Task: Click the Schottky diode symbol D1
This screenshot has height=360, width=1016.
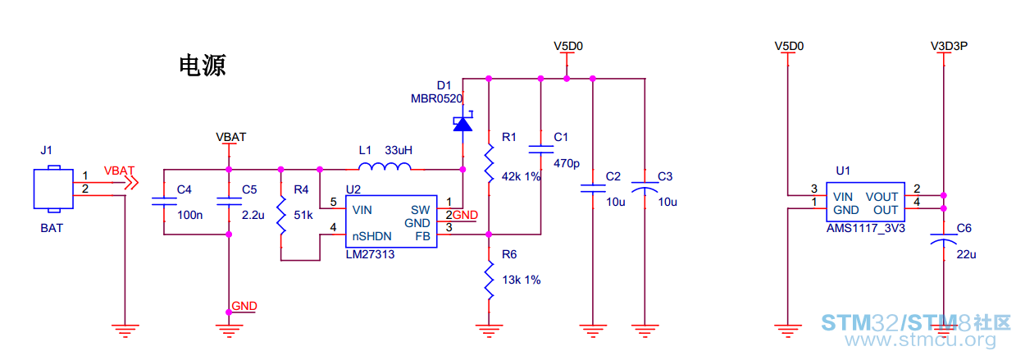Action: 462,121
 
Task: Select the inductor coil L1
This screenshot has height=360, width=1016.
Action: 385,166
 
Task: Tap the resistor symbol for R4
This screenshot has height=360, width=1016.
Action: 281,215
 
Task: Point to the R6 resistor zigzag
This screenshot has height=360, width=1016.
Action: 489,280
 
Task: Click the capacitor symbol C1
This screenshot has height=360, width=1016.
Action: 540,149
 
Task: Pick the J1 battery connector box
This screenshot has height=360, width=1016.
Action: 53,189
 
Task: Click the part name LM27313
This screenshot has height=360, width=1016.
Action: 370,254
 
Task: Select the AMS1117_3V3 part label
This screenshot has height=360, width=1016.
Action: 865,228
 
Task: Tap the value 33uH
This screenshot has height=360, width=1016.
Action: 399,150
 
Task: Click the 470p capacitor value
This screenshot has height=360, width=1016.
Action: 567,163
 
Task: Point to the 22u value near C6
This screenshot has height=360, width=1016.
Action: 966,254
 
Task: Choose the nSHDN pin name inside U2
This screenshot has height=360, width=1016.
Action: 372,236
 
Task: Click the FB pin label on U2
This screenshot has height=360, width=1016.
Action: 423,236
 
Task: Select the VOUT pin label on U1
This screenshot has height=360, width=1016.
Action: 882,197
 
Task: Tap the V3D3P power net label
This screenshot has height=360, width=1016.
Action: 949,46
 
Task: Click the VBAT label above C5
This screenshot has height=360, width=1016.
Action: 231,137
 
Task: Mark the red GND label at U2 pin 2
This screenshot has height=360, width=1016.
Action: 465,215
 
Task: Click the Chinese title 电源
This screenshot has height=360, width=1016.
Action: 203,66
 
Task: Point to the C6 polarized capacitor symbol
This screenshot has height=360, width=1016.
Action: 943,239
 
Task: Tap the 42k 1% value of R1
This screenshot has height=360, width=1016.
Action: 522,176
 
